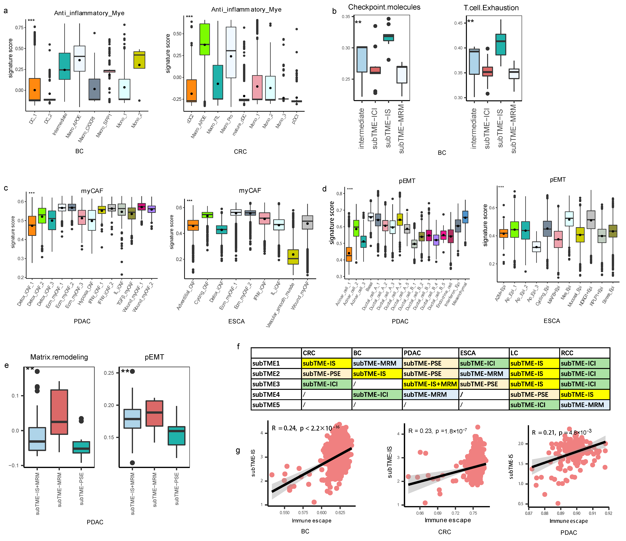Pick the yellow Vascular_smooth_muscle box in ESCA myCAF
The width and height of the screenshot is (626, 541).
[293, 257]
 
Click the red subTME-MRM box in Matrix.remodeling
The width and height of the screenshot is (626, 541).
[59, 412]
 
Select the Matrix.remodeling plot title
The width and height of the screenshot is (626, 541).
[59, 357]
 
